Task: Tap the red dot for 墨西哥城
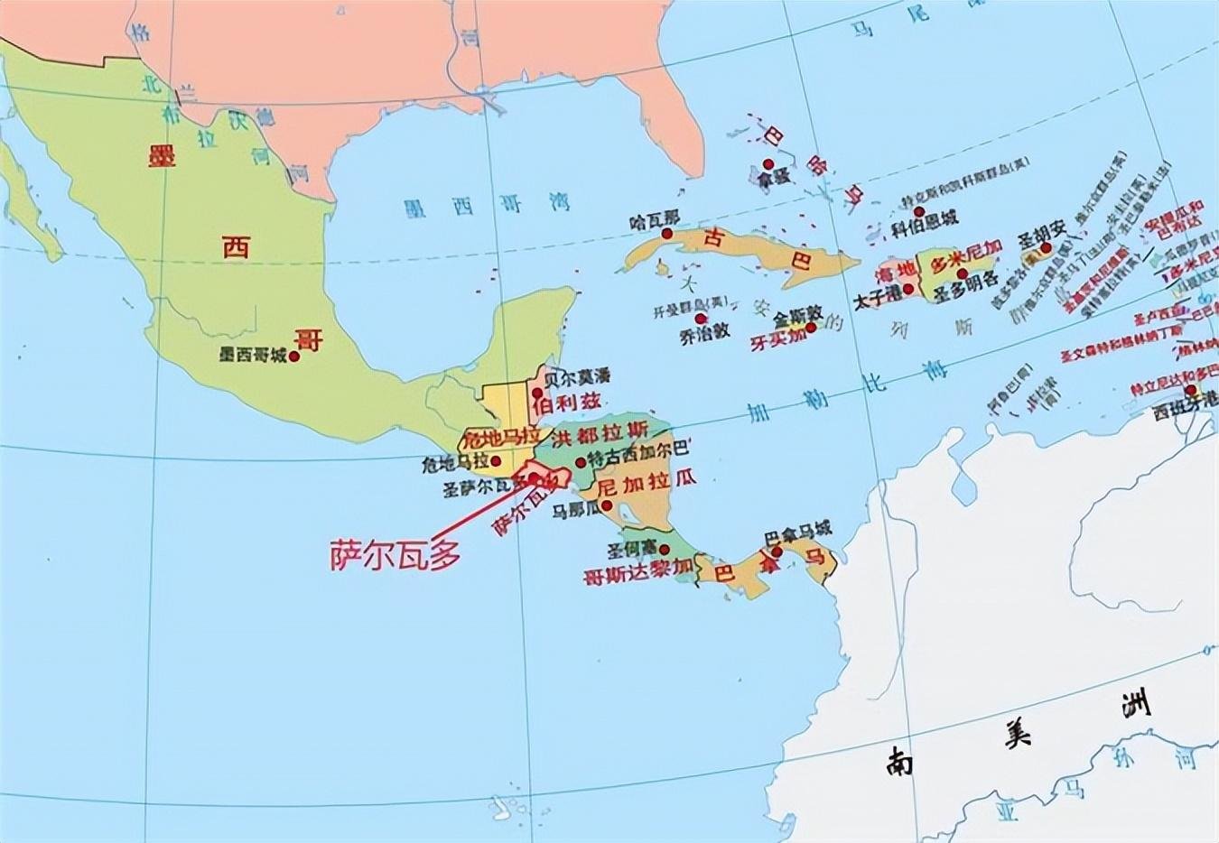[x=294, y=356]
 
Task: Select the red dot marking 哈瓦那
[x=666, y=234]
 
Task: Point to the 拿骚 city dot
[x=768, y=164]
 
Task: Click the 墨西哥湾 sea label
[x=487, y=206]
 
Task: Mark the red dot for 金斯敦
[x=811, y=327]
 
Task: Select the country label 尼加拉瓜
[x=647, y=484]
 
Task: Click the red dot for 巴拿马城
[x=777, y=551]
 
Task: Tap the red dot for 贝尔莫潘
[x=538, y=381]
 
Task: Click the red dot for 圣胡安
[x=1045, y=247]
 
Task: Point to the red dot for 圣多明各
[x=963, y=273]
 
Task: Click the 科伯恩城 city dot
[x=919, y=211]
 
